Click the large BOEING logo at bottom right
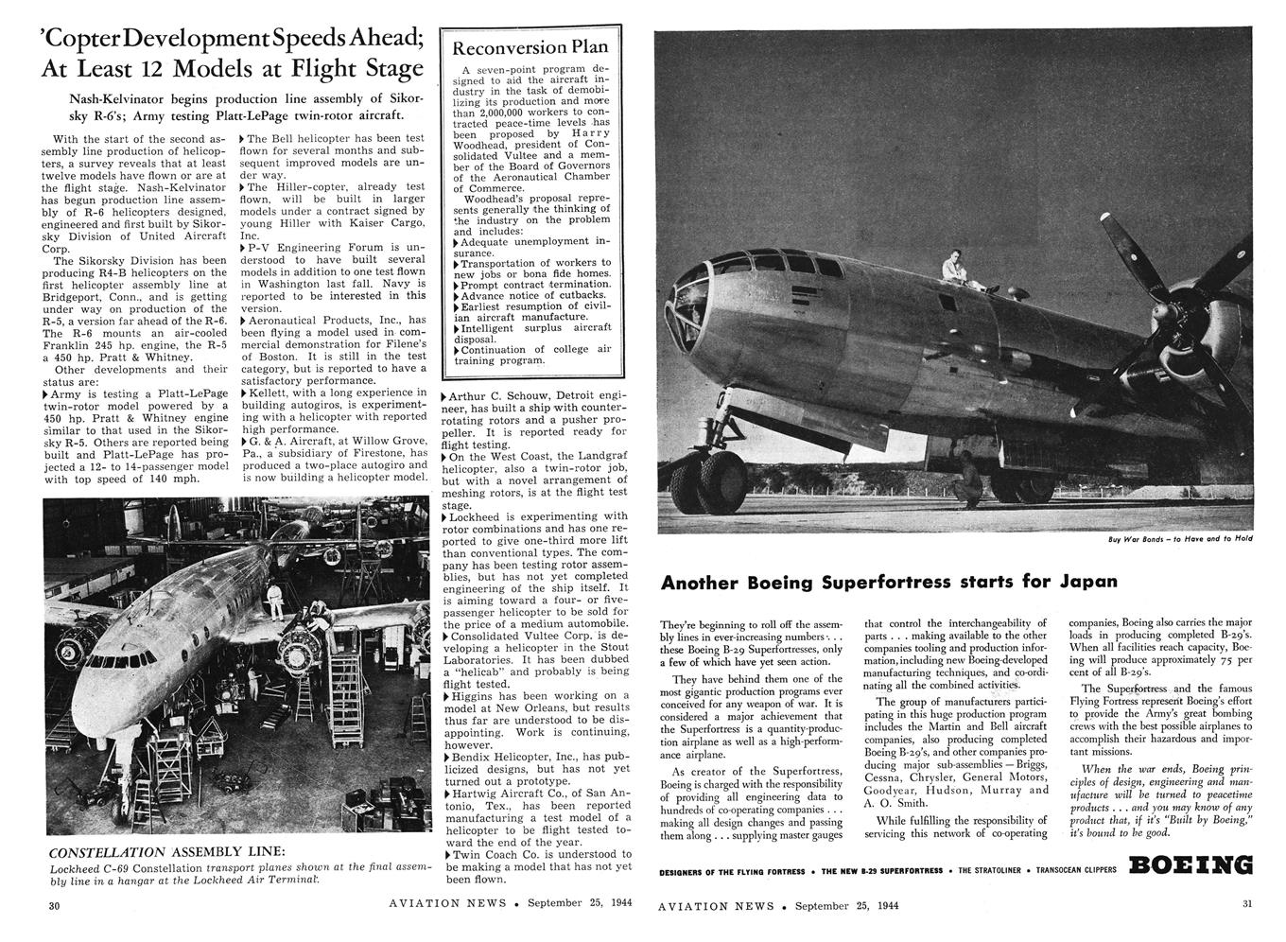(1190, 865)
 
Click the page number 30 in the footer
(55, 905)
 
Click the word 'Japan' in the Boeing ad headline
(1087, 581)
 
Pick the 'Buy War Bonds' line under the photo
(1180, 539)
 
